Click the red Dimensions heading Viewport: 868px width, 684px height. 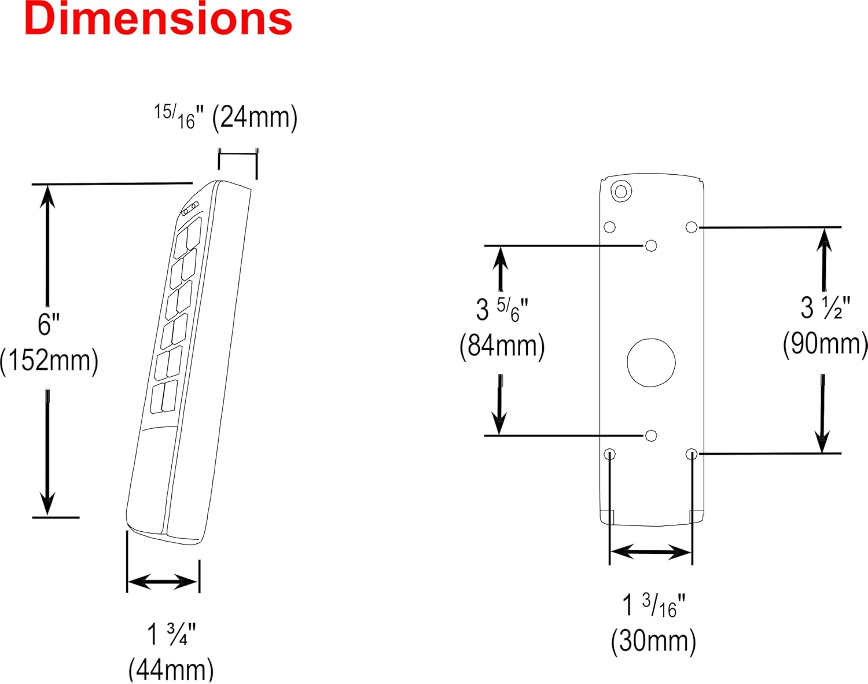(158, 19)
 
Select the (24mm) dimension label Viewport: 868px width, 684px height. (255, 118)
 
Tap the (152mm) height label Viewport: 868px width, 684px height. (49, 361)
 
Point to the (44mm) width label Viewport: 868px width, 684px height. (171, 670)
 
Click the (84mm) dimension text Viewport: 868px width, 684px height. (502, 346)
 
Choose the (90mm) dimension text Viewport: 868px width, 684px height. (825, 344)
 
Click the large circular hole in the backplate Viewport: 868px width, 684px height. (652, 363)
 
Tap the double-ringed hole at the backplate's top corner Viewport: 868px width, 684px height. (621, 191)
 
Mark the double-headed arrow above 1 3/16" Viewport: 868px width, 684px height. (651, 551)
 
